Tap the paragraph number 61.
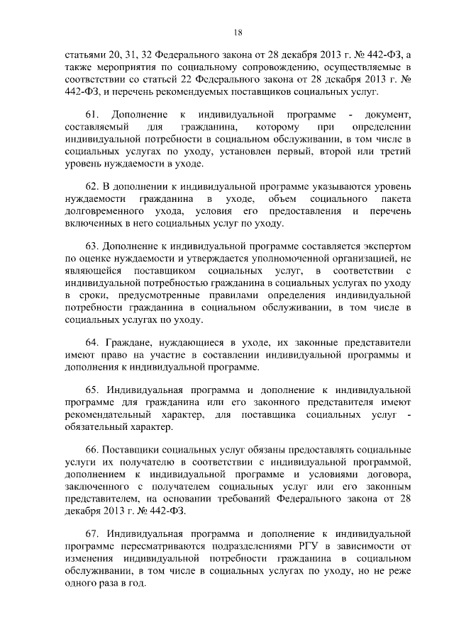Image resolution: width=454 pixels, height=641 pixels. (91, 114)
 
